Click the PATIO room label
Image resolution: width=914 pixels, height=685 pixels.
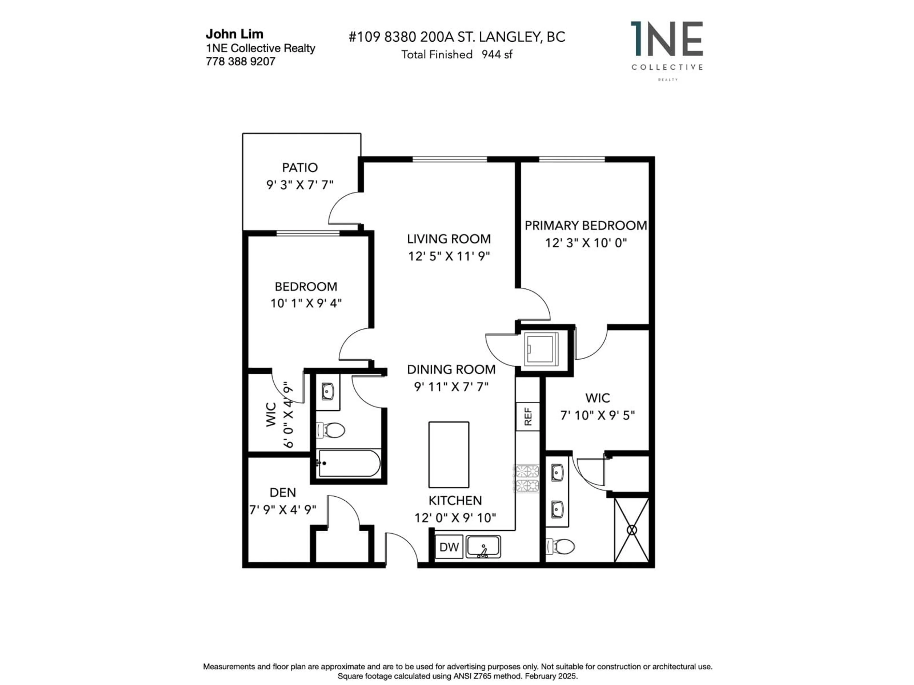click(x=300, y=168)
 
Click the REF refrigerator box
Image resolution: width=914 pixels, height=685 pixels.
click(x=528, y=417)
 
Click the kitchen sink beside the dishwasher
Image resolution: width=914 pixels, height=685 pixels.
click(x=483, y=547)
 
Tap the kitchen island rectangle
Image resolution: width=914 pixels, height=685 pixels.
click(x=449, y=455)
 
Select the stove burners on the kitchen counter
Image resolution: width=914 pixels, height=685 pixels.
click(x=527, y=478)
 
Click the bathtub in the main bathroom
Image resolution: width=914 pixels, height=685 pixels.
click(x=349, y=463)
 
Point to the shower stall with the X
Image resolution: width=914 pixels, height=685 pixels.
click(x=632, y=530)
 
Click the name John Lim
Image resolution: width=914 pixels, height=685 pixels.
click(x=234, y=34)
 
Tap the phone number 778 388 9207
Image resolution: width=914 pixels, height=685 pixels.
click(x=240, y=62)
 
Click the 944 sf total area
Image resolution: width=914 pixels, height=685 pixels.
click(x=497, y=54)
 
